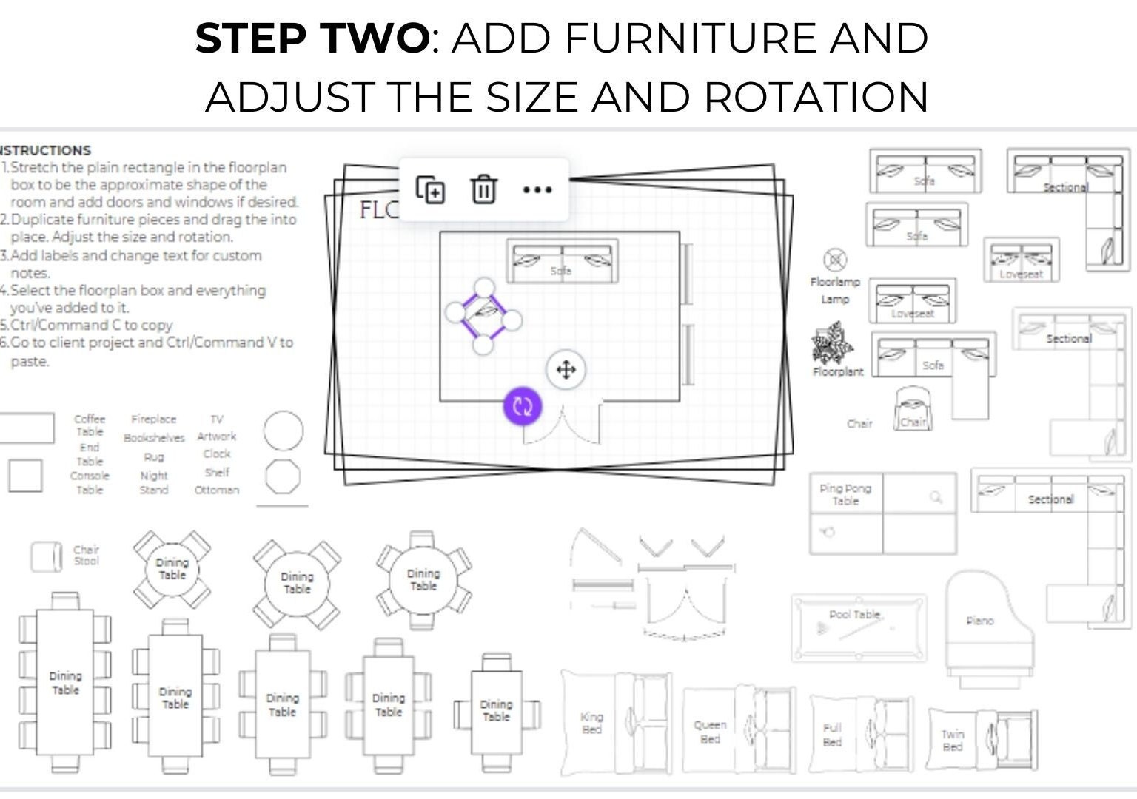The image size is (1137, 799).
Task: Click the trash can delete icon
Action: (483, 189)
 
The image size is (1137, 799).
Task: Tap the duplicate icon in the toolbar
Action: (430, 189)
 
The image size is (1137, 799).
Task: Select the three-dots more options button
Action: (537, 189)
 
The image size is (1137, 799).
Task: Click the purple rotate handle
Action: (523, 406)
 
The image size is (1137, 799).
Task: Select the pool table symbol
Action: (858, 627)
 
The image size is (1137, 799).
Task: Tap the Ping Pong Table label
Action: (845, 494)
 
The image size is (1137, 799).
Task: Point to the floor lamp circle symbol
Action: (835, 260)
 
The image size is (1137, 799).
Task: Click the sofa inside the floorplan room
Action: (562, 261)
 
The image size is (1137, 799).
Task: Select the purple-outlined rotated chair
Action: (483, 316)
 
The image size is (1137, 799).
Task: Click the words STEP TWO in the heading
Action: (312, 38)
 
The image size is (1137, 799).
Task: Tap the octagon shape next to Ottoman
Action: (283, 477)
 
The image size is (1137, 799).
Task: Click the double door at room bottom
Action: (563, 425)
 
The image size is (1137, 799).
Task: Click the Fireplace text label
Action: (153, 419)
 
